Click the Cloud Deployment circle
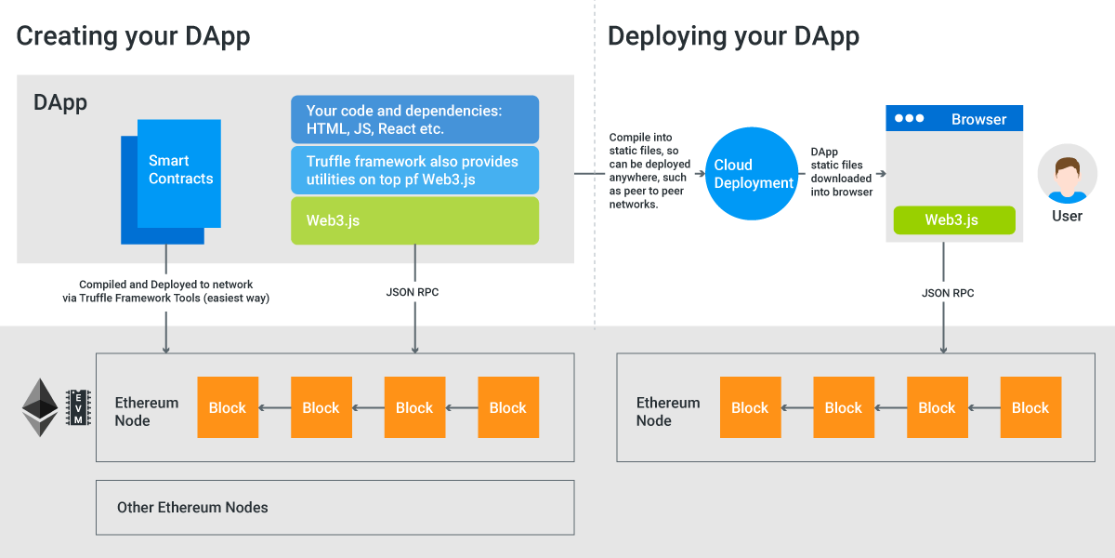pyautogui.click(x=754, y=174)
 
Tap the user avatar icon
pyautogui.click(x=1067, y=176)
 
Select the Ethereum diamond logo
pyautogui.click(x=40, y=407)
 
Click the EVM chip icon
pyautogui.click(x=77, y=407)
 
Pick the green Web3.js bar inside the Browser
pyautogui.click(x=953, y=220)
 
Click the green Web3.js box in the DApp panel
pyautogui.click(x=414, y=220)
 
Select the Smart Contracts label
pyautogui.click(x=180, y=170)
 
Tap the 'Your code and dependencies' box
pyautogui.click(x=414, y=119)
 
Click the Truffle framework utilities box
pyautogui.click(x=414, y=170)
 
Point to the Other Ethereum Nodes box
pyautogui.click(x=334, y=508)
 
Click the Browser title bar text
pyautogui.click(x=978, y=119)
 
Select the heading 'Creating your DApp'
pyautogui.click(x=133, y=36)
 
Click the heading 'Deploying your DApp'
pyautogui.click(x=733, y=36)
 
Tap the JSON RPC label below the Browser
pyautogui.click(x=948, y=293)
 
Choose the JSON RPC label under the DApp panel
pyautogui.click(x=413, y=292)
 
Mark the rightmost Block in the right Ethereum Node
pyautogui.click(x=1030, y=407)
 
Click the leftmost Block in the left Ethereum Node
pyautogui.click(x=228, y=407)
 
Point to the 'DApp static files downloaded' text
pyautogui.click(x=841, y=172)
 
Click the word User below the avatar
pyautogui.click(x=1067, y=216)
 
